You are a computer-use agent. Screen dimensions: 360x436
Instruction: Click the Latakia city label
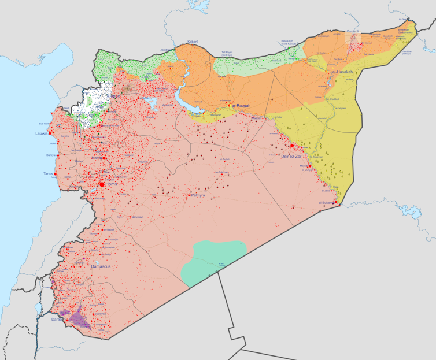tap(40, 135)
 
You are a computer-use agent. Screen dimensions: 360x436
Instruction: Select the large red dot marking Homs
tap(102, 184)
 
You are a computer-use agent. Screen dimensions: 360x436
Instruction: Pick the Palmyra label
tap(198, 196)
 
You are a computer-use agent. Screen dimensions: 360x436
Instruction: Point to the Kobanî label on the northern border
tap(193, 42)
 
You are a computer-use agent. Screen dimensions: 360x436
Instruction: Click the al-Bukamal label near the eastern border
tap(327, 203)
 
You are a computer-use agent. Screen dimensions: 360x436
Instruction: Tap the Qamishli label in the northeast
tap(352, 31)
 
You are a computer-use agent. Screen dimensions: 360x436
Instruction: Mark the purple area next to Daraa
tap(80, 317)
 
